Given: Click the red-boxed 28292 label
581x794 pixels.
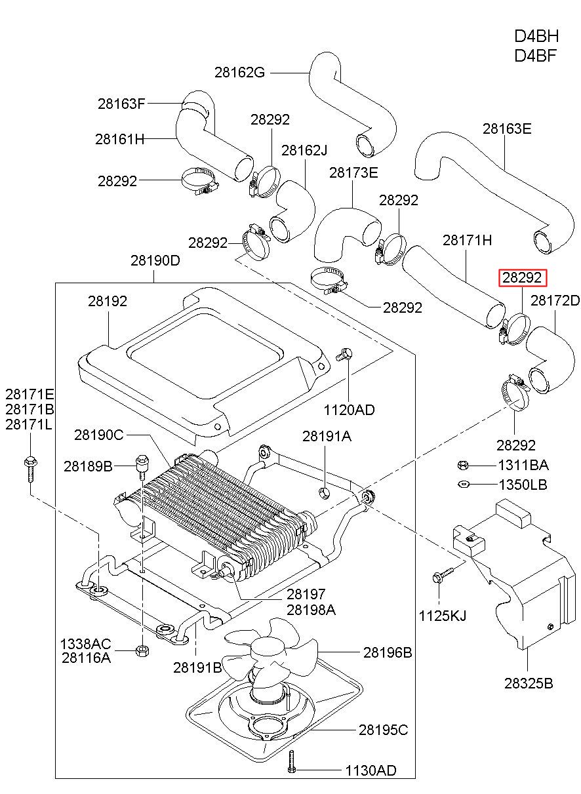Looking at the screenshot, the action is (x=523, y=277).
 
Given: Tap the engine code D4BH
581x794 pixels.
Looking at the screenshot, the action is (x=536, y=37).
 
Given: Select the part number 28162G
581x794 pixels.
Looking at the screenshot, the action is (x=239, y=72).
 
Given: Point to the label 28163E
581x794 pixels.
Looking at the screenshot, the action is (x=507, y=129).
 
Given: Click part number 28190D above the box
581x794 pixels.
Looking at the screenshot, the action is (x=155, y=260).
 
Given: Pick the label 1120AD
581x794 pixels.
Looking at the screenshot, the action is (x=349, y=410).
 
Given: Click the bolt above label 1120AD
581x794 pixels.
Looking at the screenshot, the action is (x=344, y=354).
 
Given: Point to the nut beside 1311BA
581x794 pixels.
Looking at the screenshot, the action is (x=463, y=465).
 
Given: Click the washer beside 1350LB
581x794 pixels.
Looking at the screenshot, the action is (x=464, y=484).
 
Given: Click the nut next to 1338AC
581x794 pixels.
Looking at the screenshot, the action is (x=142, y=650).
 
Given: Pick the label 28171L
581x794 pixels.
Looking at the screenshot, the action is (x=29, y=424).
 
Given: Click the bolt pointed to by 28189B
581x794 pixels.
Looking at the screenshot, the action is (x=142, y=466).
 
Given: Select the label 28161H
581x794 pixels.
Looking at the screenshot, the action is (x=120, y=139).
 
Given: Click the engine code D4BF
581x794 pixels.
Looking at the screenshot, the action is (x=536, y=56).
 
